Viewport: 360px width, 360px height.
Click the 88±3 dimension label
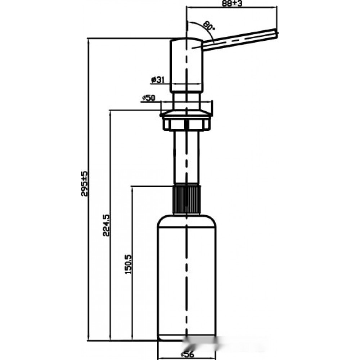click(232, 4)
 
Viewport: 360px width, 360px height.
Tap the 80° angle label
click(209, 26)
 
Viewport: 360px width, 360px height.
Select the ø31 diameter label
click(158, 80)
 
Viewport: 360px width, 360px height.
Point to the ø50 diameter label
click(149, 98)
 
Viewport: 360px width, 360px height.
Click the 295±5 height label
click(84, 184)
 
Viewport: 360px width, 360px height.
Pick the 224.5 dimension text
click(106, 225)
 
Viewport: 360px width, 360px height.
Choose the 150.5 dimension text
click(129, 264)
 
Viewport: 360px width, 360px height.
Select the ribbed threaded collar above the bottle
click(186, 199)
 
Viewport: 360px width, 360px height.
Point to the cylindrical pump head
click(186, 65)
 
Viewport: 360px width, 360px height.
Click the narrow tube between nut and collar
click(186, 157)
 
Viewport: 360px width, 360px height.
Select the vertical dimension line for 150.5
click(132, 263)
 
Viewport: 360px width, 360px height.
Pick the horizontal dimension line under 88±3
click(232, 8)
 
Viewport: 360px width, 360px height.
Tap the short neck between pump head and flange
click(186, 101)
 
